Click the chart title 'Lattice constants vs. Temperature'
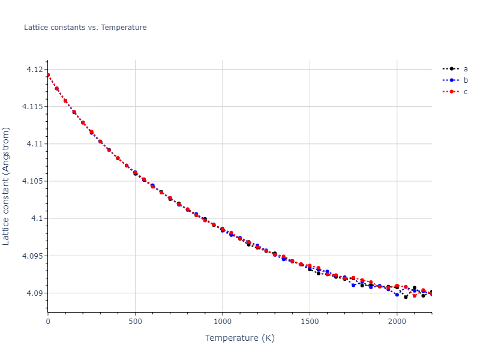85,28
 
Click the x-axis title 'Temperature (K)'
239,338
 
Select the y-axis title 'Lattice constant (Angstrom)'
7,186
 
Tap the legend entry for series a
465,68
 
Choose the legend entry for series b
465,80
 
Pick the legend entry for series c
465,92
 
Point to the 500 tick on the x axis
135,322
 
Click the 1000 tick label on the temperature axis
223,322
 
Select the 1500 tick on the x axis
310,322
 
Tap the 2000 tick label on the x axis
397,322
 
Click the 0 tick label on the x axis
48,322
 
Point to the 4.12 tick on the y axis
35,70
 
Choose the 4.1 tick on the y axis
37,218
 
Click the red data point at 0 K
48,75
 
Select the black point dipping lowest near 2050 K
406,296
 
